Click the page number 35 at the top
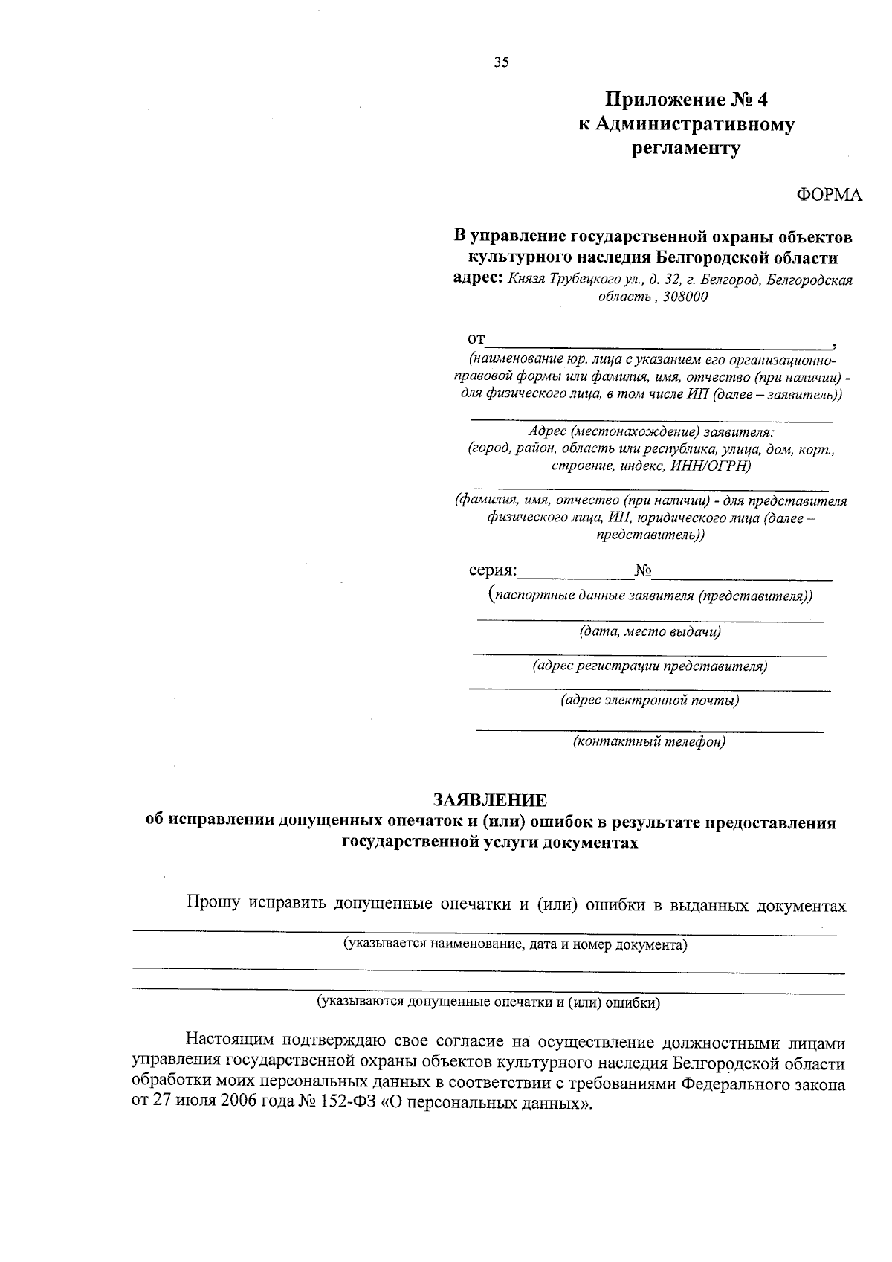pyautogui.click(x=501, y=63)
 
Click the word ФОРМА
pyautogui.click(x=830, y=195)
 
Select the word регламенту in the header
pyautogui.click(x=686, y=149)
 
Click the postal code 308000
pyautogui.click(x=683, y=297)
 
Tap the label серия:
pyautogui.click(x=492, y=571)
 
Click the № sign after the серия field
pyautogui.click(x=643, y=571)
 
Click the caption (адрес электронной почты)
pyautogui.click(x=650, y=700)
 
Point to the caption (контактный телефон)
pyautogui.click(x=649, y=741)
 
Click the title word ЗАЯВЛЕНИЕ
pyautogui.click(x=491, y=800)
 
